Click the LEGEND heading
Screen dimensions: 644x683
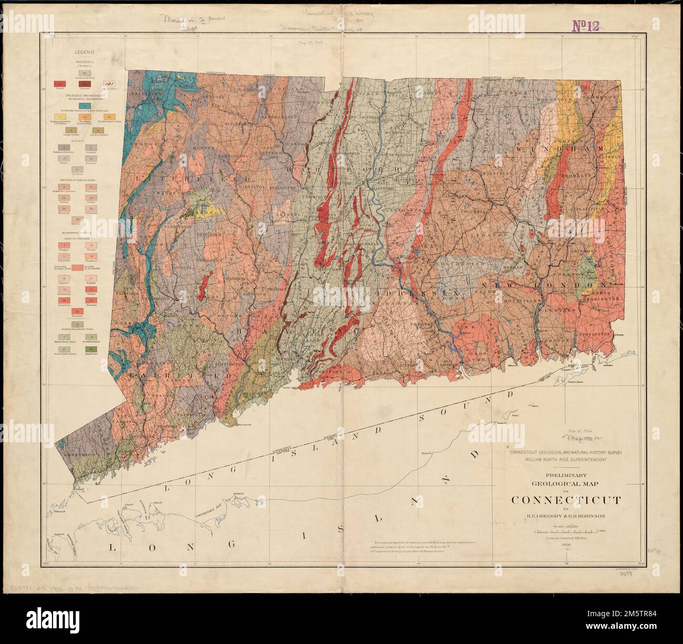[84, 52]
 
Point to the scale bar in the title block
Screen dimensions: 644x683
[565, 532]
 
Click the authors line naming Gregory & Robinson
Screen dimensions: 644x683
[565, 516]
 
